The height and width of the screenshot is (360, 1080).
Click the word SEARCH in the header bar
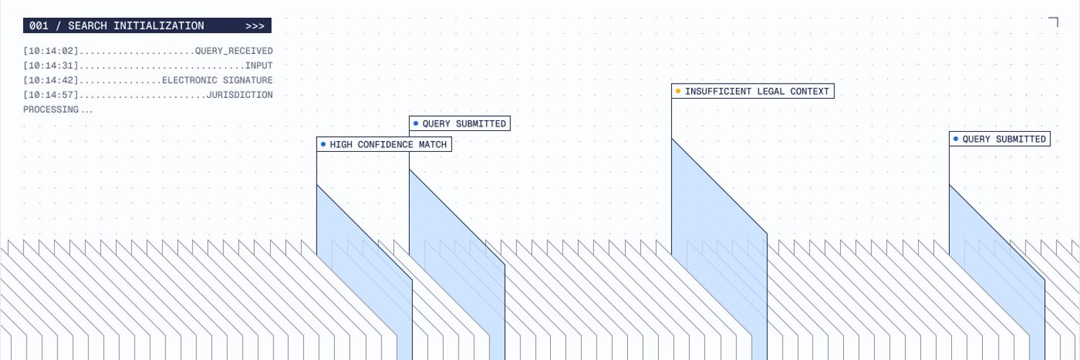click(x=87, y=25)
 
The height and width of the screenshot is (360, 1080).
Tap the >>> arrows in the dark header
click(x=255, y=26)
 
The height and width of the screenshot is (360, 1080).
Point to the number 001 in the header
click(x=39, y=25)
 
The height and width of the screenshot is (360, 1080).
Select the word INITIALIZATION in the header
click(x=158, y=25)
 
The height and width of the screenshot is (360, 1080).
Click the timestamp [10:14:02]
click(x=50, y=50)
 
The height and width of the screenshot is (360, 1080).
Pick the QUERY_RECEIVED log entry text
click(x=234, y=50)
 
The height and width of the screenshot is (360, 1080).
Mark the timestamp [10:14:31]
click(x=50, y=65)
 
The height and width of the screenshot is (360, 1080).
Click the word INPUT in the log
click(x=259, y=65)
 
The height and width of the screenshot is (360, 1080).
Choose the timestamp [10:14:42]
click(x=50, y=80)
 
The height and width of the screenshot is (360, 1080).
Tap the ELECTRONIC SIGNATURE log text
click(x=217, y=80)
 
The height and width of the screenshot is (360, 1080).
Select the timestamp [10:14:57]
click(x=50, y=94)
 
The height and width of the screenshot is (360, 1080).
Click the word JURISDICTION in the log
click(x=240, y=94)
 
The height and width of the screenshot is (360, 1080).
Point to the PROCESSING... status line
click(x=58, y=109)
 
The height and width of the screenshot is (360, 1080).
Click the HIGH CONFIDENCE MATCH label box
click(x=384, y=144)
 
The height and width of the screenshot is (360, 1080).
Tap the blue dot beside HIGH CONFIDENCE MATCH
click(x=323, y=144)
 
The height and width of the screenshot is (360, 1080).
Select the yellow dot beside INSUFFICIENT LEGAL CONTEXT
click(x=678, y=91)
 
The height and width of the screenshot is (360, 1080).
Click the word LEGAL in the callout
click(x=770, y=91)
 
